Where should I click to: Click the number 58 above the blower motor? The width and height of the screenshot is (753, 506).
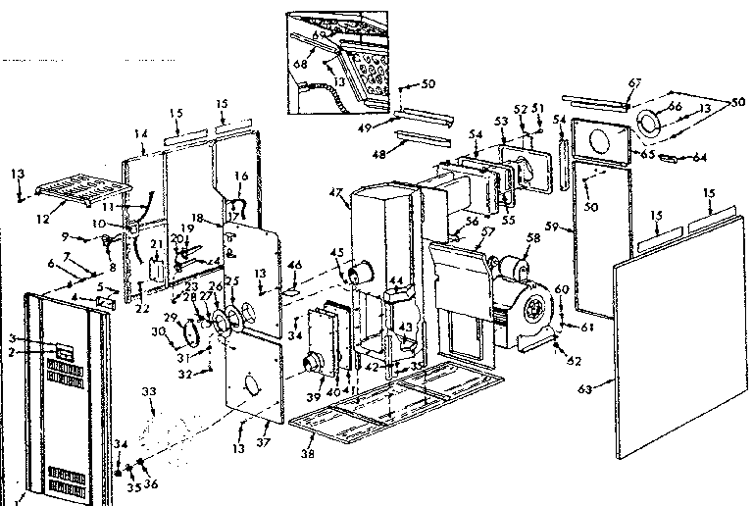click(533, 237)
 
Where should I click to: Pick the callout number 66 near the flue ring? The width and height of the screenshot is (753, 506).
click(674, 106)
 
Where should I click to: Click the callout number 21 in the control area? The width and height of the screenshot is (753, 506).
click(155, 244)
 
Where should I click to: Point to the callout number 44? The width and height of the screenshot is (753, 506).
click(396, 279)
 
